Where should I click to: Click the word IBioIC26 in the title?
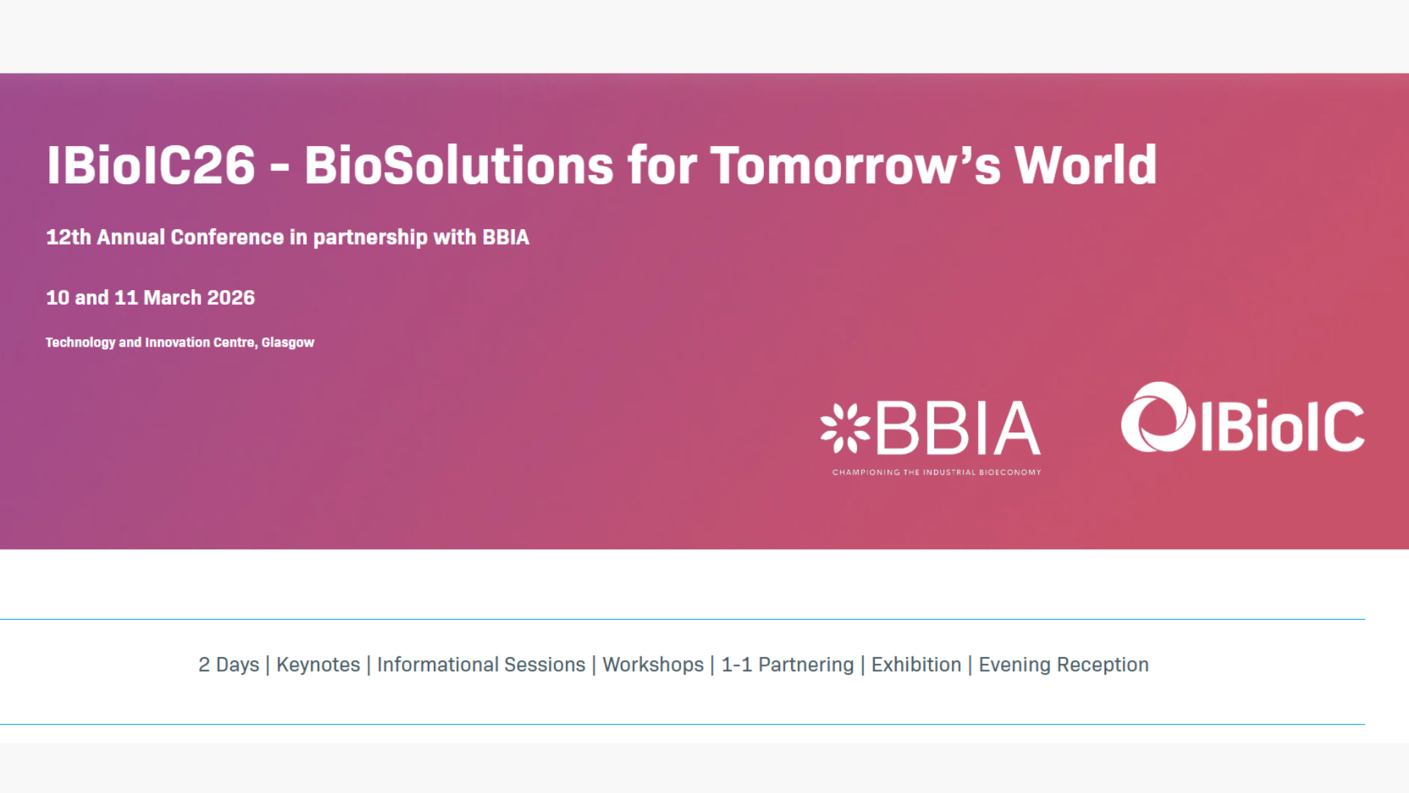click(151, 164)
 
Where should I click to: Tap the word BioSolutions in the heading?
click(459, 164)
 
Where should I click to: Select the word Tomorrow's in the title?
click(856, 164)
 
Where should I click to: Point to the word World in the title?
click(1086, 164)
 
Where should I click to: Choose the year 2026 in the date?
click(231, 297)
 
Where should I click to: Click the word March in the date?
click(172, 297)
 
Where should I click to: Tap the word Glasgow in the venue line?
click(288, 343)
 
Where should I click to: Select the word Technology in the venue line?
click(81, 343)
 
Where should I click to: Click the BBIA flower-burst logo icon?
click(845, 428)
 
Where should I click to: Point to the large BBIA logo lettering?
click(958, 428)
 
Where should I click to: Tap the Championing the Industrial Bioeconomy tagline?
click(936, 472)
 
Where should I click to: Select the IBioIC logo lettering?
click(1282, 425)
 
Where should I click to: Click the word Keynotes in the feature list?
click(318, 665)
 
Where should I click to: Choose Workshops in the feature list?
click(653, 665)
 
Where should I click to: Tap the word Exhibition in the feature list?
click(917, 665)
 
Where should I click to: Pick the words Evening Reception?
click(1064, 665)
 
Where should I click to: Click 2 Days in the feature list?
click(229, 665)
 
